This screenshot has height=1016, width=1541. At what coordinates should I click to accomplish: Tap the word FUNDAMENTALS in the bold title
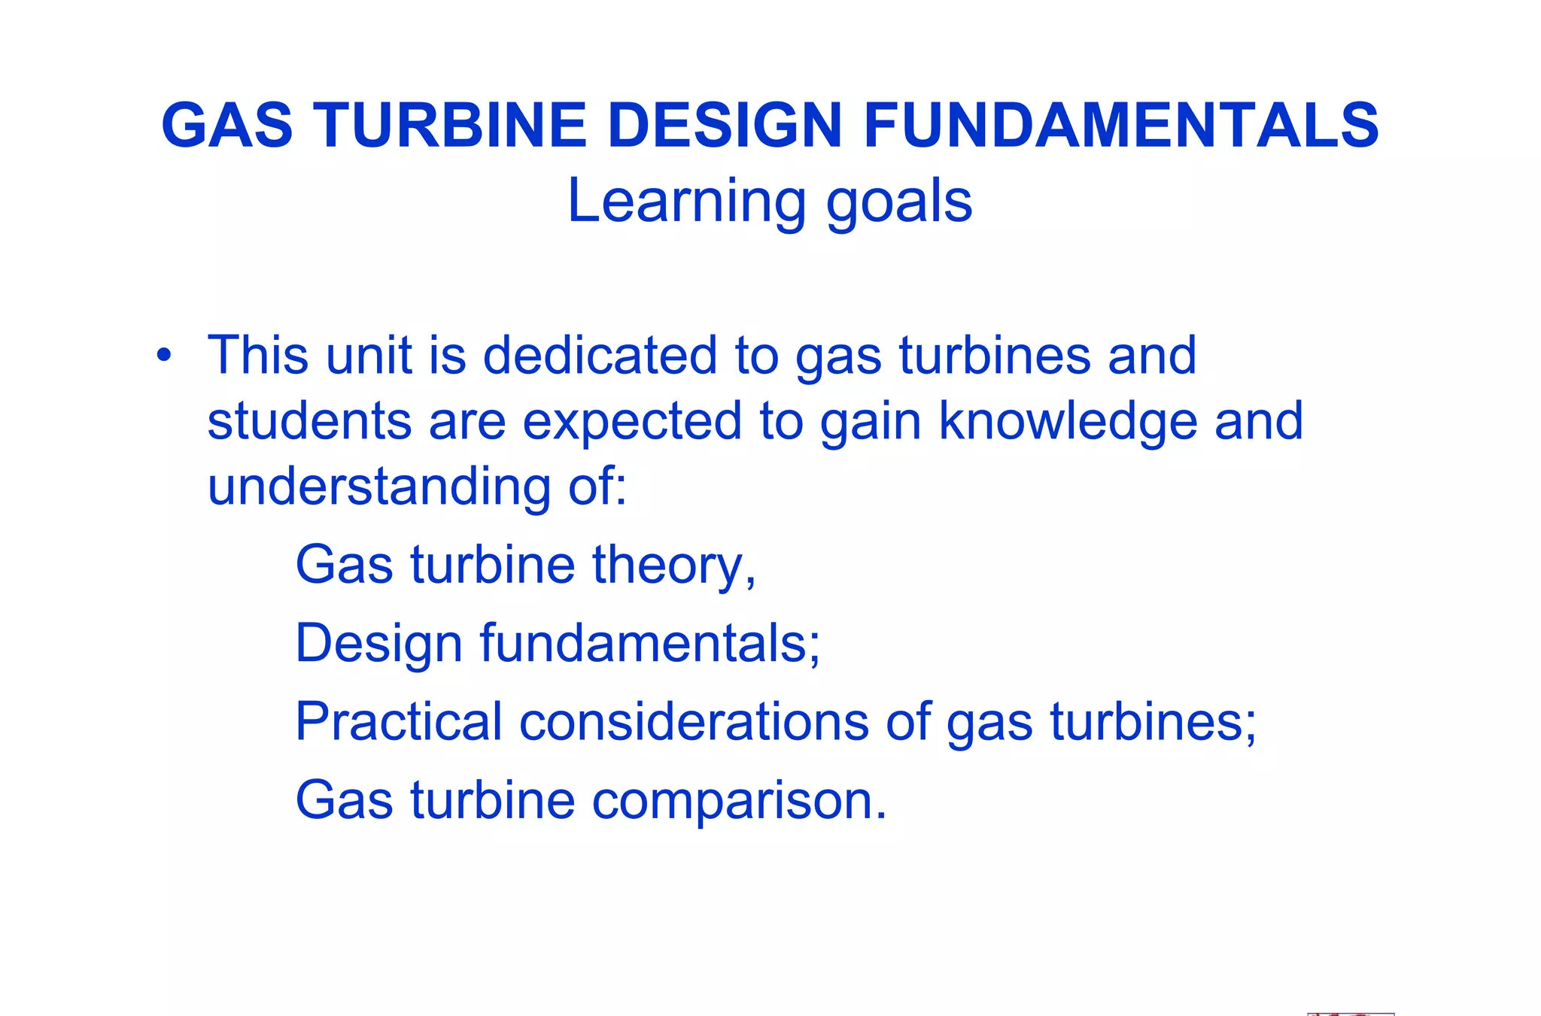click(1120, 126)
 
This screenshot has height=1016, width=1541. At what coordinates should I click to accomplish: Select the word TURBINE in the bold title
click(450, 126)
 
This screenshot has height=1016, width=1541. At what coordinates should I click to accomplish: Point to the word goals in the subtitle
click(898, 202)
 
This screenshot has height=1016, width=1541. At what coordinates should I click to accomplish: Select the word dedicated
click(600, 355)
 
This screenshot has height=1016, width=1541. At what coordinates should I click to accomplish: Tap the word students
click(309, 420)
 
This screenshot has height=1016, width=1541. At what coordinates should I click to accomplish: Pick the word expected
click(632, 421)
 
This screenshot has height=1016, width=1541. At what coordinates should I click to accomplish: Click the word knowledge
click(1068, 421)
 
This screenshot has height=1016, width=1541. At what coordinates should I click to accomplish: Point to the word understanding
click(378, 487)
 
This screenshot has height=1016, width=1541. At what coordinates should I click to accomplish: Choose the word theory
click(673, 565)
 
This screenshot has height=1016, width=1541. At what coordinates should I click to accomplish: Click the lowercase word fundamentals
click(649, 643)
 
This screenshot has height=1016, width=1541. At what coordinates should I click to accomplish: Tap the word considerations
click(694, 721)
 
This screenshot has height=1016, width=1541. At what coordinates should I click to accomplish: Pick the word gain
click(871, 421)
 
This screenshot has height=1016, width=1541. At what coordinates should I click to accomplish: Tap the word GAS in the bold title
click(226, 126)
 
